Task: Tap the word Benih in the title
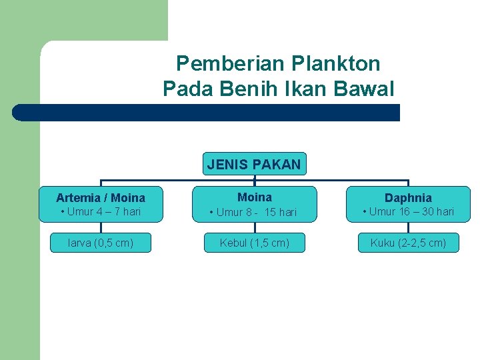click(251, 88)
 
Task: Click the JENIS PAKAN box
click(254, 164)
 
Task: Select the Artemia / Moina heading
click(101, 198)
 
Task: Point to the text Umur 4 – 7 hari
click(103, 212)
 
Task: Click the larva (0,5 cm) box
click(101, 243)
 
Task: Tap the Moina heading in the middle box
click(254, 197)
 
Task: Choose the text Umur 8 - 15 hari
click(257, 213)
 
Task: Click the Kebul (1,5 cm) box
click(254, 243)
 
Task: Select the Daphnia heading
click(408, 198)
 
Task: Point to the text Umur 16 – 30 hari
click(411, 212)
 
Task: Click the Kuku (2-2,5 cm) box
click(408, 243)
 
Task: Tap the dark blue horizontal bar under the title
click(207, 113)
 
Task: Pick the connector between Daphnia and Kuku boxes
click(408, 227)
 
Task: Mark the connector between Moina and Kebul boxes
click(254, 227)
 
